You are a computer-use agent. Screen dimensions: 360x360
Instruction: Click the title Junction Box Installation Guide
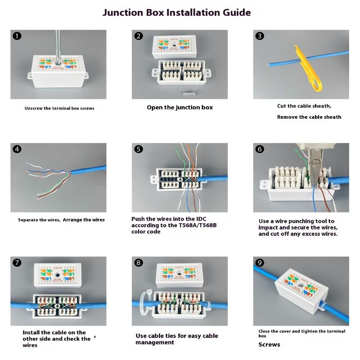pyautogui.click(x=176, y=12)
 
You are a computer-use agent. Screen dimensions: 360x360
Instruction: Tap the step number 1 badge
pyautogui.click(x=17, y=36)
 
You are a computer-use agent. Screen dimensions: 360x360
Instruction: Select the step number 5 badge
pyautogui.click(x=139, y=149)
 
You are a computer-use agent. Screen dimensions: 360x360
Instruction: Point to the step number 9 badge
pyautogui.click(x=260, y=263)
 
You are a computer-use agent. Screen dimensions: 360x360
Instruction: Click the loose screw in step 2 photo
pyautogui.click(x=187, y=93)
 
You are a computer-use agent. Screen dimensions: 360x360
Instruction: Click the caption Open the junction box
pyautogui.click(x=180, y=108)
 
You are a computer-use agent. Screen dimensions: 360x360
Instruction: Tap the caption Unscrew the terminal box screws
pyautogui.click(x=59, y=108)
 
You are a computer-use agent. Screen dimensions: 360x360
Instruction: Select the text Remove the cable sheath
pyautogui.click(x=309, y=117)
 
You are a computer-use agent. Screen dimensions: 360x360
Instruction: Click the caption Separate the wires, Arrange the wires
pyautogui.click(x=61, y=220)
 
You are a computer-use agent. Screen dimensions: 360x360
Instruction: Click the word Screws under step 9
pyautogui.click(x=269, y=345)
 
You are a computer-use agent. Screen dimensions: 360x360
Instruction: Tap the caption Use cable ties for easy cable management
pyautogui.click(x=176, y=339)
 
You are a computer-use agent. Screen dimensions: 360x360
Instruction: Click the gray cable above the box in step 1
pyautogui.click(x=58, y=43)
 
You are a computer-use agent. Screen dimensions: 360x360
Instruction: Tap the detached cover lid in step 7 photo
pyautogui.click(x=58, y=275)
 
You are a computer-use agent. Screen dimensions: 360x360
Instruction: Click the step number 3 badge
pyautogui.click(x=260, y=36)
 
